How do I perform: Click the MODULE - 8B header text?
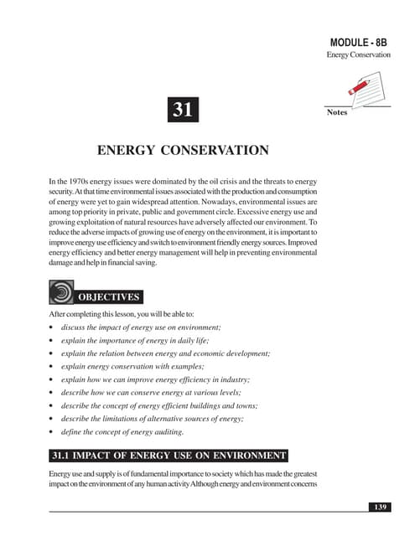358,42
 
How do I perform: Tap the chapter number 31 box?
184,110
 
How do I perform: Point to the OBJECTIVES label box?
108,296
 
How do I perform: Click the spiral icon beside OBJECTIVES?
61,293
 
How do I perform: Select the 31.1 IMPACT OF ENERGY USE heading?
169,456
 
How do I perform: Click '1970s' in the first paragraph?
75,182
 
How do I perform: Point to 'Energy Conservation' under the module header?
359,55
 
